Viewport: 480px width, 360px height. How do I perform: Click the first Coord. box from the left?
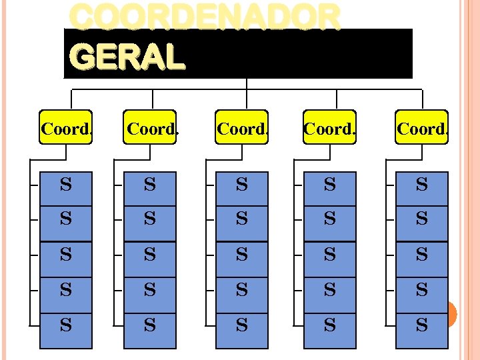(66, 127)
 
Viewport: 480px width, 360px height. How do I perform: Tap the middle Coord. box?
(242, 127)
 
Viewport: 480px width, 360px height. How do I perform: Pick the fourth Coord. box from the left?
(329, 127)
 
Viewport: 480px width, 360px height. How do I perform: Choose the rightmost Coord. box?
(421, 127)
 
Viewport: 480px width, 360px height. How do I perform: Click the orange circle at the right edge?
(451, 314)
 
